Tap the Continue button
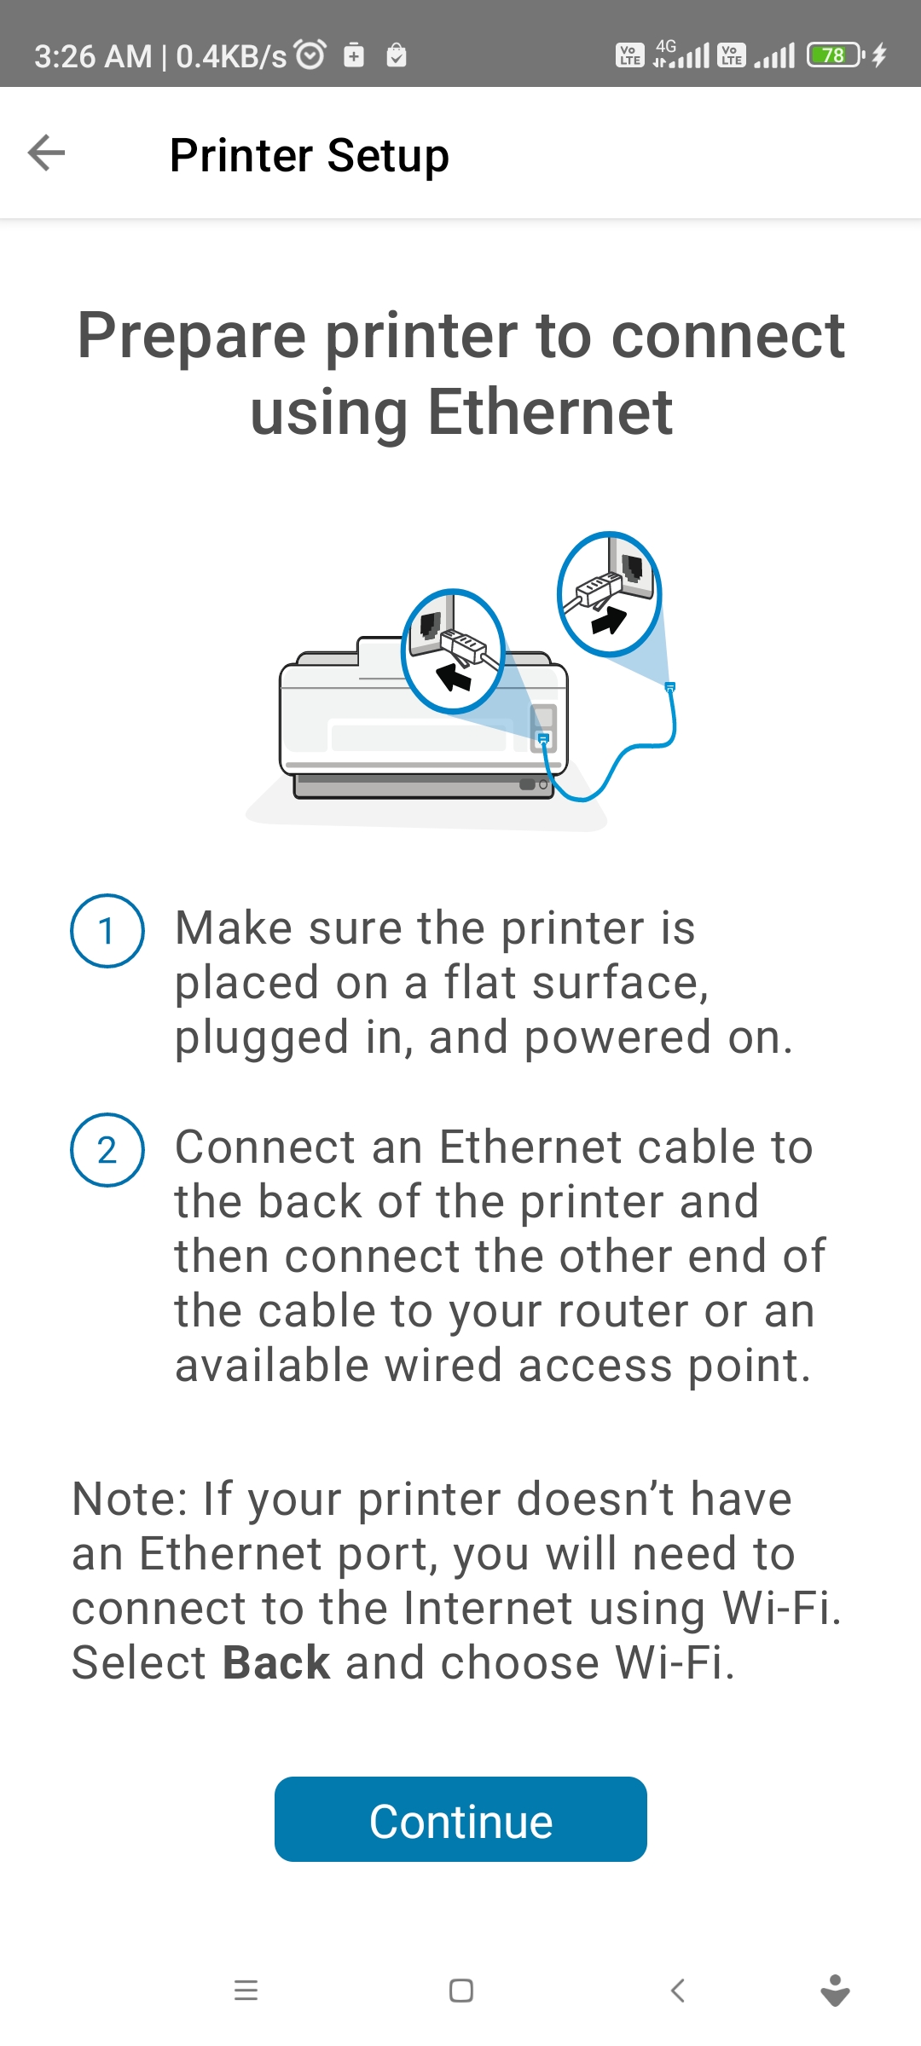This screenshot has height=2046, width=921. point(460,1819)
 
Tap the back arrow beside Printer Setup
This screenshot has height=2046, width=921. point(46,153)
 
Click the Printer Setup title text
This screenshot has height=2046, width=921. point(309,155)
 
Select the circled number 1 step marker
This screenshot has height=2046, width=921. point(107,930)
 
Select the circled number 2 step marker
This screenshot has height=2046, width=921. point(107,1150)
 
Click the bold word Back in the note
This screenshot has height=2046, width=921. point(275,1662)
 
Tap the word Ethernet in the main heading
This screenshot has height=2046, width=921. point(550,412)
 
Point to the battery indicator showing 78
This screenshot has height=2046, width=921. point(834,55)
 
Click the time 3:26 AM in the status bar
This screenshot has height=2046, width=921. point(92,56)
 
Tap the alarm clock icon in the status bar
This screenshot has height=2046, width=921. point(310,55)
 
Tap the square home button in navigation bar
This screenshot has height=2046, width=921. point(460,1991)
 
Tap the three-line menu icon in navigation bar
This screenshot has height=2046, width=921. point(246,1991)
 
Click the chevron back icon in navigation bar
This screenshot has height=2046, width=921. point(678,1991)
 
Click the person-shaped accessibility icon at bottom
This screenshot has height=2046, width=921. point(835,1991)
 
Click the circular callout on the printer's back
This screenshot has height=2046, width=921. point(453,651)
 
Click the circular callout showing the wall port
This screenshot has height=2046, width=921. point(609,593)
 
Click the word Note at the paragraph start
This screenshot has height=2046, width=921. point(128,1499)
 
